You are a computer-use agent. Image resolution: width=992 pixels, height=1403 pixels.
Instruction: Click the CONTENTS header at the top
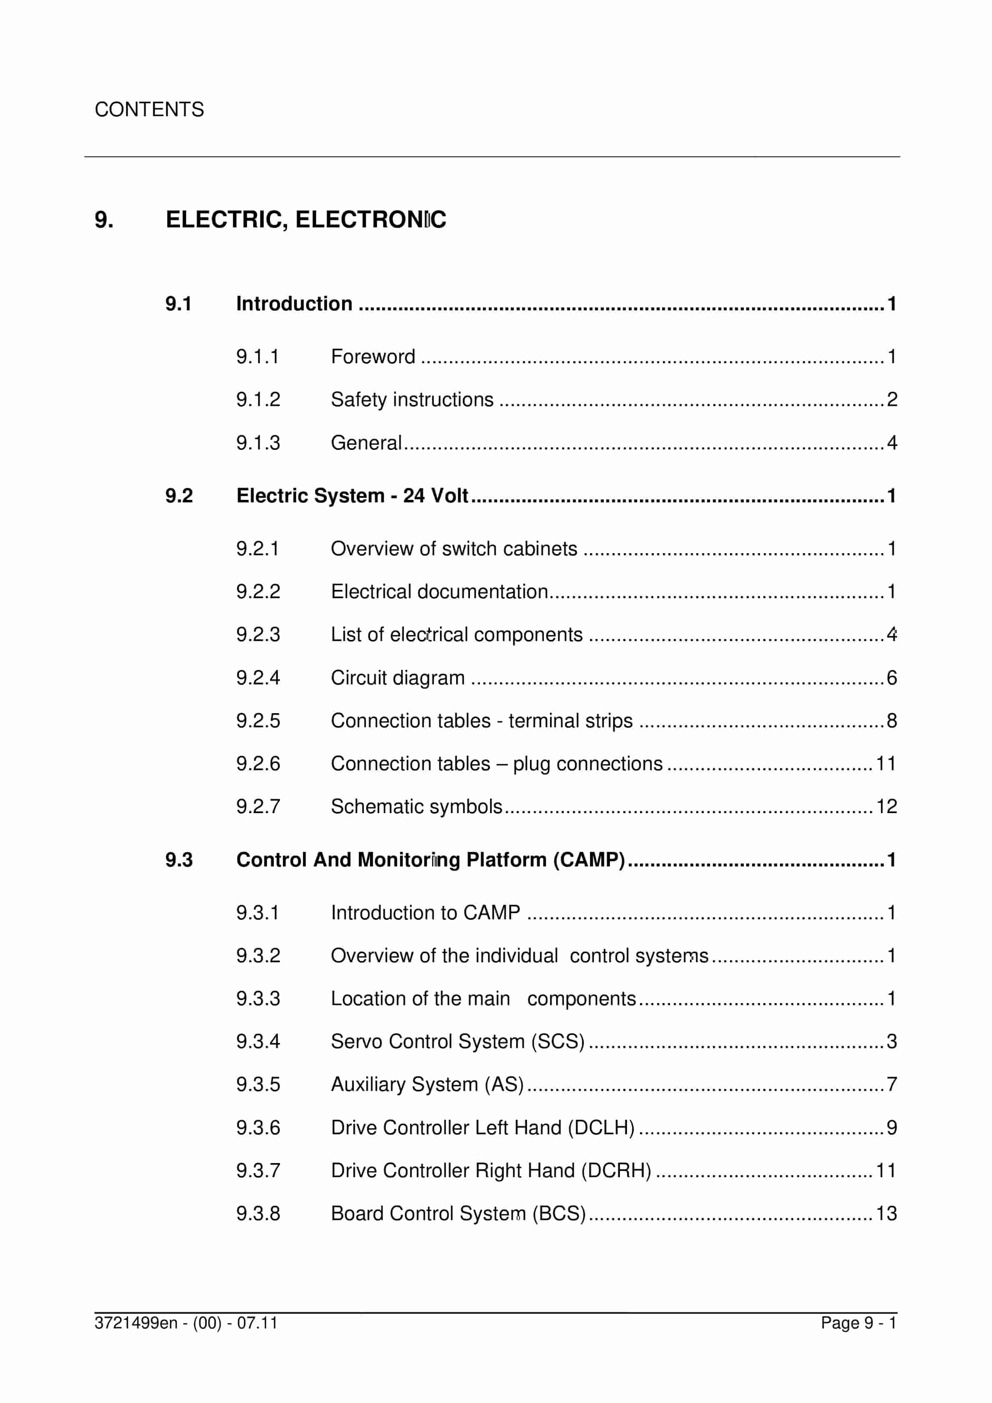click(x=149, y=110)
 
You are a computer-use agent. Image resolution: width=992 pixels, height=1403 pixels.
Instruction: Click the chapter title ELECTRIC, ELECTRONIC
click(x=306, y=220)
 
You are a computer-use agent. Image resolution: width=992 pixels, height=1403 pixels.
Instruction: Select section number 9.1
click(x=178, y=304)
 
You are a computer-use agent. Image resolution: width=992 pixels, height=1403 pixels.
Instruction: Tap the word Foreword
click(x=373, y=356)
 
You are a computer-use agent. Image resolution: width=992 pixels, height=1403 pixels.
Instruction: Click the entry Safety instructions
click(x=412, y=399)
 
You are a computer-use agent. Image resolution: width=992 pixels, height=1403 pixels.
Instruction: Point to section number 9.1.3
click(x=258, y=442)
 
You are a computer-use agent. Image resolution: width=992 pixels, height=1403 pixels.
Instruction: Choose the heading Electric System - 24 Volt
click(x=352, y=496)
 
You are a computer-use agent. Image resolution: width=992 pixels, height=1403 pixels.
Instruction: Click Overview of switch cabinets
click(x=454, y=549)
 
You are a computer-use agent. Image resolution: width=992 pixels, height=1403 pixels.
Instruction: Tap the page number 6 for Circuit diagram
click(x=891, y=678)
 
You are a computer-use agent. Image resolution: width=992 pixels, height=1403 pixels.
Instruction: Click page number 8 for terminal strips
click(x=891, y=720)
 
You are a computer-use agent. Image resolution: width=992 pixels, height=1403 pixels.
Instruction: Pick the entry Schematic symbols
click(x=416, y=806)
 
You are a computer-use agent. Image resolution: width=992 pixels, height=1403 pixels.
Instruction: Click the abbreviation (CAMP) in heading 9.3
click(x=589, y=860)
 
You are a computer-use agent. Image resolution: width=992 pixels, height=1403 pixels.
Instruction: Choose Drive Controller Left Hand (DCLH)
click(x=482, y=1127)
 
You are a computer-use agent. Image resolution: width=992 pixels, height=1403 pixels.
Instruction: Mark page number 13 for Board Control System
click(x=886, y=1213)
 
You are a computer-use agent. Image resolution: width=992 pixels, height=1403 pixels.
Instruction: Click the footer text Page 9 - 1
click(x=858, y=1323)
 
